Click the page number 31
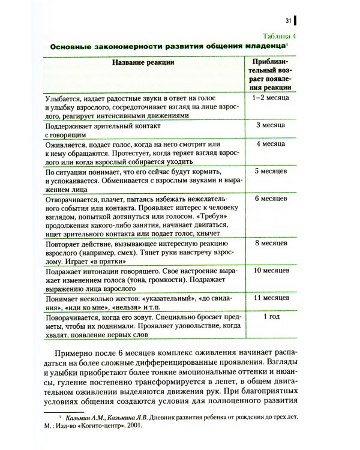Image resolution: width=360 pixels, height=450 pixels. pyautogui.click(x=288, y=21)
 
